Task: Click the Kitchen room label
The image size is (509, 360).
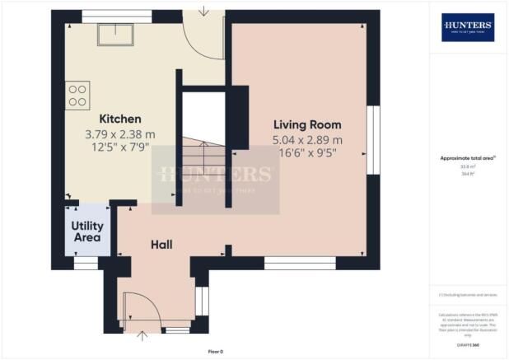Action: pyautogui.click(x=120, y=119)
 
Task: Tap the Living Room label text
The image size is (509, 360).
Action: pyautogui.click(x=307, y=124)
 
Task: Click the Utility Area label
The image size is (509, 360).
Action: pyautogui.click(x=86, y=231)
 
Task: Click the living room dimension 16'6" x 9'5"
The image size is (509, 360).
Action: pyautogui.click(x=307, y=153)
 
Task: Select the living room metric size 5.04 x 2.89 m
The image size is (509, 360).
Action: pyautogui.click(x=307, y=139)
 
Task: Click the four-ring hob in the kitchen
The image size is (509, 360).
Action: pyautogui.click(x=77, y=94)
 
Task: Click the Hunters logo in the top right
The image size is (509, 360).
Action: pyautogui.click(x=468, y=28)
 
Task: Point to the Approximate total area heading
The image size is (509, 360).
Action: pyautogui.click(x=467, y=159)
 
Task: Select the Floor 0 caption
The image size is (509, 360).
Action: pyautogui.click(x=215, y=351)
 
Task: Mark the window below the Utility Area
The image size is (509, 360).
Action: pyautogui.click(x=85, y=264)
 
